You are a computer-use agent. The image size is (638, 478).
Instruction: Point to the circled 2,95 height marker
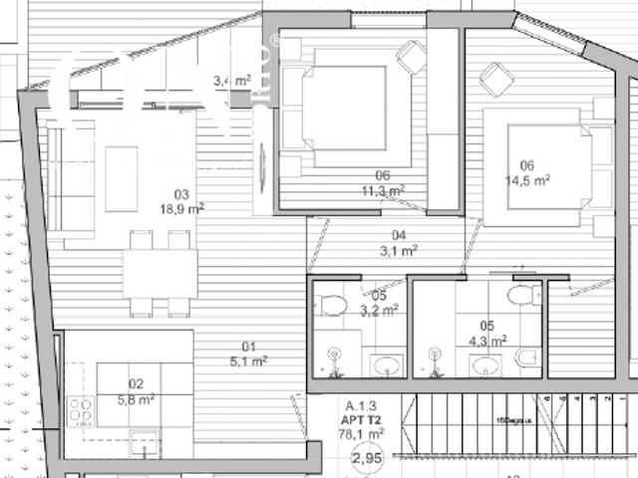[367, 458]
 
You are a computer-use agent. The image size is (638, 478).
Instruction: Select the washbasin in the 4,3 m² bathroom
[485, 365]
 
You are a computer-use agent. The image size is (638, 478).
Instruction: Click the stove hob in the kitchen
[81, 410]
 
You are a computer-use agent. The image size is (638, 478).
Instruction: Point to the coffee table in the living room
[122, 177]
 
